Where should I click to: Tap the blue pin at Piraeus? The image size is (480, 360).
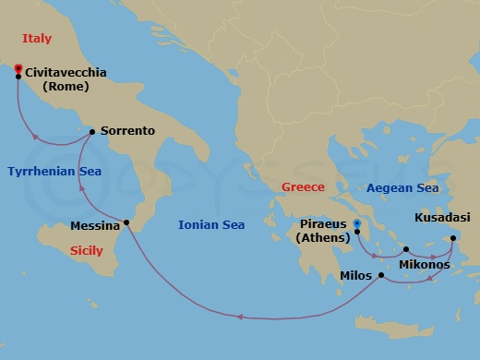point(357,224)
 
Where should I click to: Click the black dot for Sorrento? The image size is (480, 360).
point(92,132)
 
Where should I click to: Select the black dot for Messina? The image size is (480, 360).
point(126,224)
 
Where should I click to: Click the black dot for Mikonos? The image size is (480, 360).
point(406,249)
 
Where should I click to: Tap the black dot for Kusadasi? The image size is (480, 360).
point(452,239)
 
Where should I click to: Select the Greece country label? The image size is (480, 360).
point(303,187)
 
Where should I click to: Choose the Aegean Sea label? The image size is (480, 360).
point(402,187)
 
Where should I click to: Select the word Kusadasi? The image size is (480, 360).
point(442,218)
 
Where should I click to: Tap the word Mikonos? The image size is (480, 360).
point(424,265)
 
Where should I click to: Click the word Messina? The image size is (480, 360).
point(94,226)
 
